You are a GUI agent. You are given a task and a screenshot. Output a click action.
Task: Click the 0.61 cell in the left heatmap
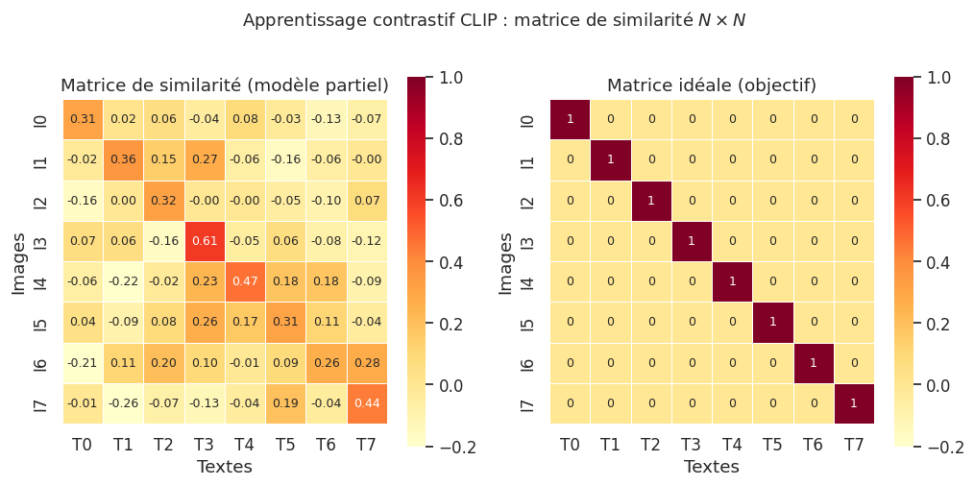[205, 241]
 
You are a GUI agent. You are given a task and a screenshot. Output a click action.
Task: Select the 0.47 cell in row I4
[245, 281]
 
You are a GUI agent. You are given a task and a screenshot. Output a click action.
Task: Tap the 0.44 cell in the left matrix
[366, 402]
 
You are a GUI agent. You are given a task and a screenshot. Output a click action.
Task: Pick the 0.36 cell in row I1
[124, 159]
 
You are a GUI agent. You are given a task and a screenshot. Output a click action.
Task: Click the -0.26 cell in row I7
[124, 402]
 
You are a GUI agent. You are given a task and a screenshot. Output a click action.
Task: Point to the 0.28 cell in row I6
[366, 362]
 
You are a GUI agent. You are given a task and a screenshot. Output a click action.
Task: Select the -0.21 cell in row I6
[83, 362]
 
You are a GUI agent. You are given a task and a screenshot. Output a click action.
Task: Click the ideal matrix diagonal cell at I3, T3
[692, 241]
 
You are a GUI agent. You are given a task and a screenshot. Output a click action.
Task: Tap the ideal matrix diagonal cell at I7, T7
[853, 402]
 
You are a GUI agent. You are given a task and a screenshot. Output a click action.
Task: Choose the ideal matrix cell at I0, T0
[571, 119]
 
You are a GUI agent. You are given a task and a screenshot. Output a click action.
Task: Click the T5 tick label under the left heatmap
[285, 444]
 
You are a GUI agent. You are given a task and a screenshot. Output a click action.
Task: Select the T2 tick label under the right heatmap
[651, 444]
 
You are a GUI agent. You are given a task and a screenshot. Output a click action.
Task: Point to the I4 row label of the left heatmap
[40, 281]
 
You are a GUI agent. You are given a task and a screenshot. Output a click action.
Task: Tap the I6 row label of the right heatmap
[527, 362]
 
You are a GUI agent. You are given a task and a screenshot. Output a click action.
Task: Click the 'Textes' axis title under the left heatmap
[225, 467]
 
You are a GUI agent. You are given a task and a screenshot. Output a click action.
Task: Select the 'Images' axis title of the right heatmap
[506, 261]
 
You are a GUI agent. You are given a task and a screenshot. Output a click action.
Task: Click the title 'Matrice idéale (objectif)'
[712, 85]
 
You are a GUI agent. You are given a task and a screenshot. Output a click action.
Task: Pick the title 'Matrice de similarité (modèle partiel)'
[225, 85]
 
